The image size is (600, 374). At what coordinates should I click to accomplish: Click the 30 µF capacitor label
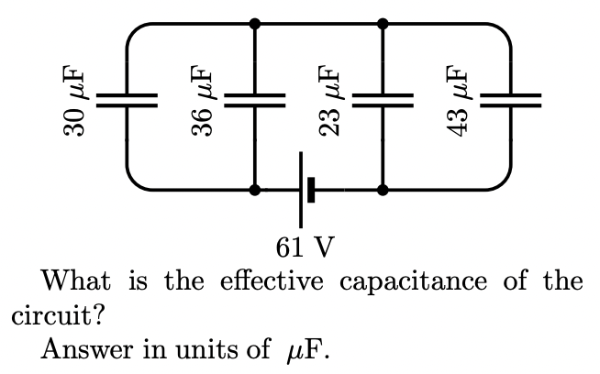[73, 101]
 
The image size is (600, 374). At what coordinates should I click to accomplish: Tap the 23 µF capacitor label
[329, 101]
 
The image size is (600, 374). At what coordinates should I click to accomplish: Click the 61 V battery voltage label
[305, 246]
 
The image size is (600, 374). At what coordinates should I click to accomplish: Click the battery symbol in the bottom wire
[306, 191]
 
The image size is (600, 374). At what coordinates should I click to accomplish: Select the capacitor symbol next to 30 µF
[128, 100]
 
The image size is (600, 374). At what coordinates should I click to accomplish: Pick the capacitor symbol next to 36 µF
[255, 100]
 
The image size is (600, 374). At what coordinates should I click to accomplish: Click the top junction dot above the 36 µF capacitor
[255, 21]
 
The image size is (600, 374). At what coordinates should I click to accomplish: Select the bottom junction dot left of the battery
[255, 191]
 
